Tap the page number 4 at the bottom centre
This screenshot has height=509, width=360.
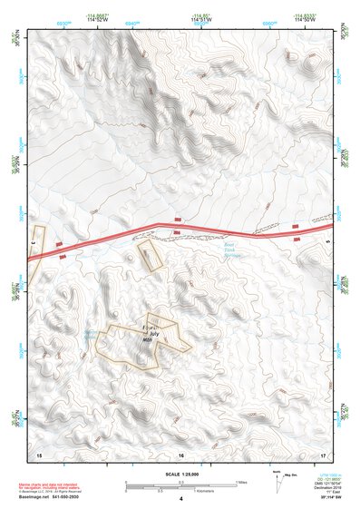pyautogui.click(x=181, y=499)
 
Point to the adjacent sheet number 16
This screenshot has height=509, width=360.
pyautogui.click(x=181, y=454)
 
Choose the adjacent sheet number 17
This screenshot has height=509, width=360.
pyautogui.click(x=323, y=454)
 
